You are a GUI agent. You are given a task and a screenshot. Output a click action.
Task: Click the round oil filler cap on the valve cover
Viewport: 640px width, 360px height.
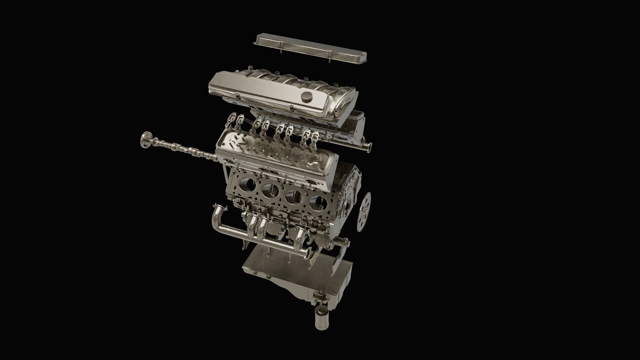[x=306, y=97]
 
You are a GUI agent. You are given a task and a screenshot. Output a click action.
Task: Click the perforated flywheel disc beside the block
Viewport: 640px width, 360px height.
[x=365, y=212]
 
